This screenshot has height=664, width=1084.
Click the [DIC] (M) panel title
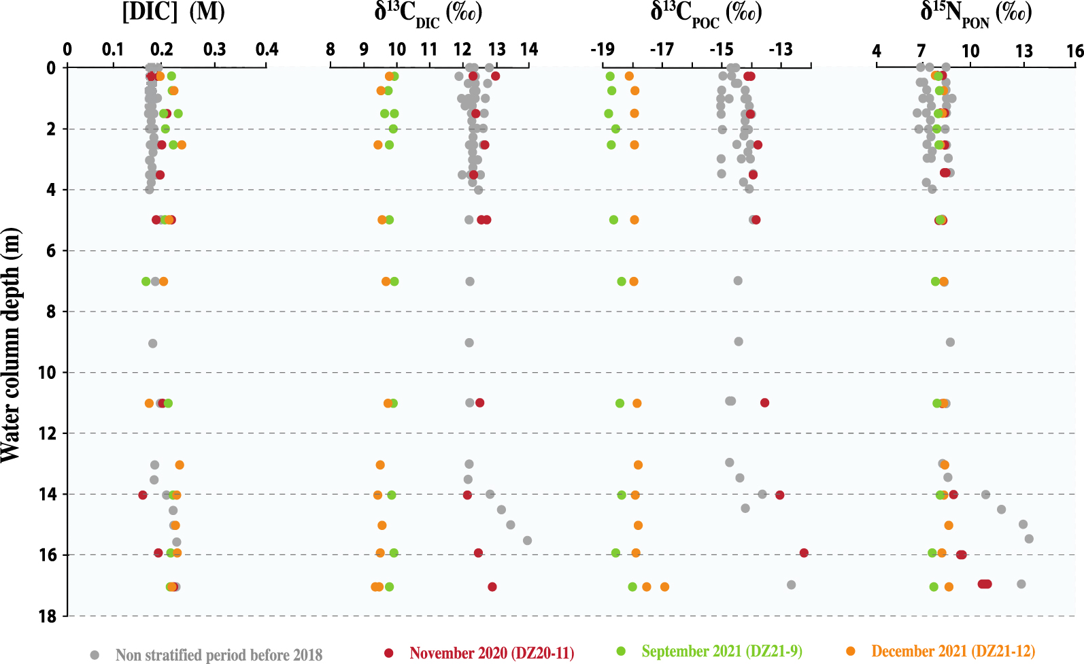pos(173,12)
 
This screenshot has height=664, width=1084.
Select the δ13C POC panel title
pos(706,14)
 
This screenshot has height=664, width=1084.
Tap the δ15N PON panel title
pos(976,14)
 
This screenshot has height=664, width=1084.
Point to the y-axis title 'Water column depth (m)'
pos(11,345)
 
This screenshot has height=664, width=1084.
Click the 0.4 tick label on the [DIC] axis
pos(267,49)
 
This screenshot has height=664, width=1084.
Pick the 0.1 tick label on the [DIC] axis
pos(113,49)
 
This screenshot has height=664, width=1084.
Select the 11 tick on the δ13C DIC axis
pos(428,49)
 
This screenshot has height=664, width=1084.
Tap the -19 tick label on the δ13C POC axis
pos(602,49)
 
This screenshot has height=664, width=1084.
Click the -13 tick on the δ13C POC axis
pos(781,49)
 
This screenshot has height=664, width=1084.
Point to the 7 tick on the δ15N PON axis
pos(921,50)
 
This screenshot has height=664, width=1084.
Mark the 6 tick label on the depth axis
pos(51,251)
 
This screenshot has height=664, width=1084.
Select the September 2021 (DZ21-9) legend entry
pos(722,652)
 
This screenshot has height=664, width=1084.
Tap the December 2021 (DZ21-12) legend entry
pos(953,652)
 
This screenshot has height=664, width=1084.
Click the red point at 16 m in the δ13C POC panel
pos(804,553)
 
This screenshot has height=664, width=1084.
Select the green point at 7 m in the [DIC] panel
pos(146,281)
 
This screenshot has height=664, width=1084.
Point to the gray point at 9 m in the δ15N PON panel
pos(950,342)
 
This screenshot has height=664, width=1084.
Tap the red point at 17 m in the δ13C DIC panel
pos(492,587)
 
